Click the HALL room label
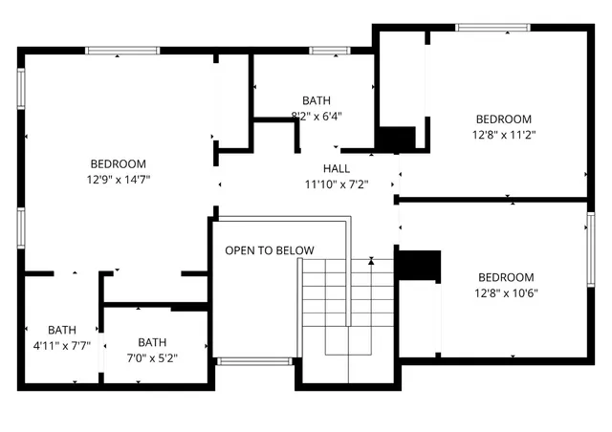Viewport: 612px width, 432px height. pos(336,168)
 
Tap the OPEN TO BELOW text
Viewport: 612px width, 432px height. pos(269,250)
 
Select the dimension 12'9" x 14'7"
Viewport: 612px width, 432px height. pos(119,179)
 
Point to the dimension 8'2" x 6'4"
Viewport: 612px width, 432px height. pos(317,116)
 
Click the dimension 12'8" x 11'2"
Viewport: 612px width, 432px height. pos(503,135)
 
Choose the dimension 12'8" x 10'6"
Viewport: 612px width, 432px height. pos(507,293)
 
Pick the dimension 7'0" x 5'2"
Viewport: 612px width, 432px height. pos(151,358)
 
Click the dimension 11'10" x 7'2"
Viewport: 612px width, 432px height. pos(336,184)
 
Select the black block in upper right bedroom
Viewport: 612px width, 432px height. pos(397,140)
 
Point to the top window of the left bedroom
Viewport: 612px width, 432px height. pos(121,51)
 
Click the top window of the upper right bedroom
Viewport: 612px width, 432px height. pos(492,27)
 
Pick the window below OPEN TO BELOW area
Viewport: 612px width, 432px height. pos(253,361)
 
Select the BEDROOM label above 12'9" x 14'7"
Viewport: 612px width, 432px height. pos(119,163)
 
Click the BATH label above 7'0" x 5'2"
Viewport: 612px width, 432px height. pos(151,342)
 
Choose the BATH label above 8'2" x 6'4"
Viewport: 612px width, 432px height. pos(317,99)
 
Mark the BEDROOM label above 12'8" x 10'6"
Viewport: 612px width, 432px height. pos(507,277)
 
